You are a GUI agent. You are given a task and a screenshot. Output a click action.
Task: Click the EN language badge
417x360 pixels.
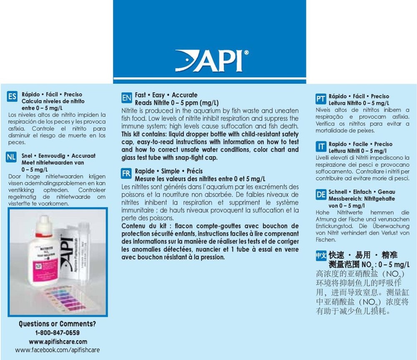pos(126,99)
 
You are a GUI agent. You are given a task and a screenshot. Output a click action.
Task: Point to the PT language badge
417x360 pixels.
pos(321,99)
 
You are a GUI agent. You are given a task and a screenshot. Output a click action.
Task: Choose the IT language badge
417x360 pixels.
pos(321,147)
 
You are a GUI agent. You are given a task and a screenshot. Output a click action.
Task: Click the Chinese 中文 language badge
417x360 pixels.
pos(321,256)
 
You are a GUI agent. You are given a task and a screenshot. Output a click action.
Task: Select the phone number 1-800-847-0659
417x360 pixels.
pos(58,332)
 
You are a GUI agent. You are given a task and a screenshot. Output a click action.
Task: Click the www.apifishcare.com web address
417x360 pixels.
pos(58,341)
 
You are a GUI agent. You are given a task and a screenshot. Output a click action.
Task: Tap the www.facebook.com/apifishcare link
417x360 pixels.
pos(58,350)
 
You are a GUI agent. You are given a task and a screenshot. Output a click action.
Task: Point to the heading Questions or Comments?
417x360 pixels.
pos(58,324)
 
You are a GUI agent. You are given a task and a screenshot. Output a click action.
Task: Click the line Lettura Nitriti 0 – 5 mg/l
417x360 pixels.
pos(357,151)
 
